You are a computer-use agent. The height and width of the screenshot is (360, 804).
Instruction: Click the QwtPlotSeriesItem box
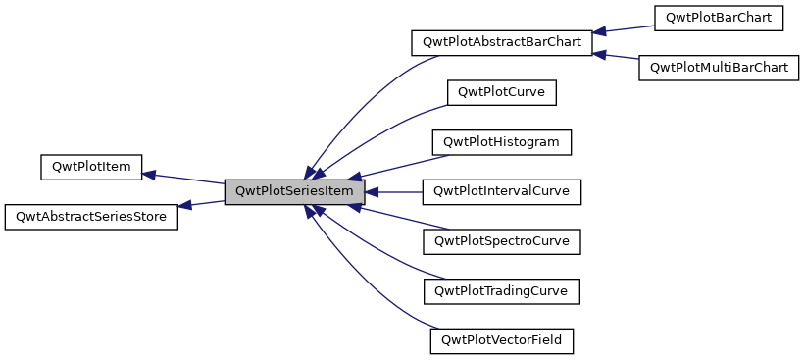click(294, 192)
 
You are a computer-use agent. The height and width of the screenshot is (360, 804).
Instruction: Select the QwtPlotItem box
click(91, 167)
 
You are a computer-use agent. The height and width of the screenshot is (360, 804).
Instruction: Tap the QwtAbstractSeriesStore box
click(91, 217)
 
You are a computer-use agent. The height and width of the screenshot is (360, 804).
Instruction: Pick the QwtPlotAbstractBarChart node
click(500, 43)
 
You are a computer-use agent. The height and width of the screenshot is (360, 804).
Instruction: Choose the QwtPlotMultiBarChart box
click(719, 68)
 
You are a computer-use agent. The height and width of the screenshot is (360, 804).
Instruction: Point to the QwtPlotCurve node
click(501, 93)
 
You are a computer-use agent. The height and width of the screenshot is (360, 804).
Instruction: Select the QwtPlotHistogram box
click(501, 142)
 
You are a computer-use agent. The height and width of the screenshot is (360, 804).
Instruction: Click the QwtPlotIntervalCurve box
click(501, 192)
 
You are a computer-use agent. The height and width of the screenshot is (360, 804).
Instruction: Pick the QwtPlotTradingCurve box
click(501, 291)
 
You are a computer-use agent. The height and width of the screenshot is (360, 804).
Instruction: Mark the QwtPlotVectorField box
click(501, 341)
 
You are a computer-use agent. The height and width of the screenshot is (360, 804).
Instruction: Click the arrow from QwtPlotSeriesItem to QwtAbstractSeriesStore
click(201, 203)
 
